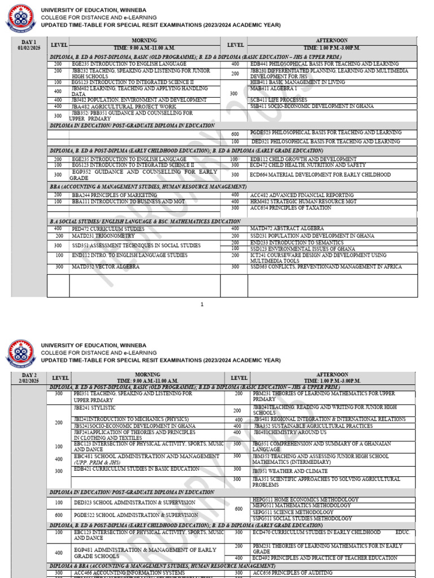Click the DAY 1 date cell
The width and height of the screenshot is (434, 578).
tap(29, 45)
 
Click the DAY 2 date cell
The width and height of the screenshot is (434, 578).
tap(29, 378)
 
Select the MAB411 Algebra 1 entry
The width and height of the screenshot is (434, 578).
tap(274, 89)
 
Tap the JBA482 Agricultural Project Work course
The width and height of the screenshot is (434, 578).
tap(124, 106)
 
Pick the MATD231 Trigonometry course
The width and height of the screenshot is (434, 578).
tap(103, 236)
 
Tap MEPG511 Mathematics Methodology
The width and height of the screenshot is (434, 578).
tap(302, 506)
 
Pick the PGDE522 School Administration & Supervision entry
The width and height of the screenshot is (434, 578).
tap(136, 515)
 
